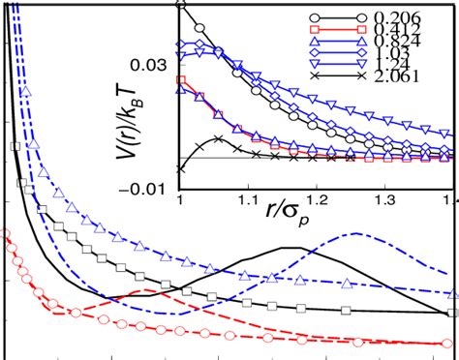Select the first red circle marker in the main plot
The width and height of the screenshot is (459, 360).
pos(5,233)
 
